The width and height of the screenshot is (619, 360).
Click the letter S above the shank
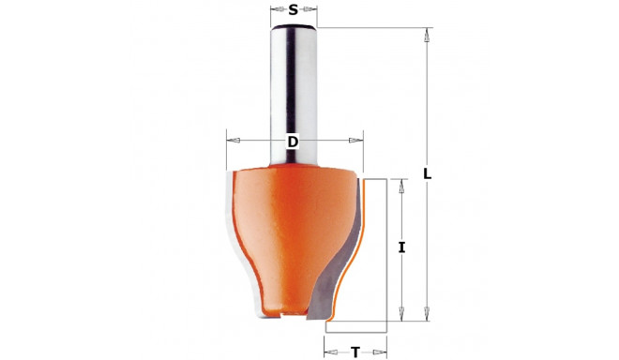[x=294, y=10]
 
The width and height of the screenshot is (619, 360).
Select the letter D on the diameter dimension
[x=292, y=142]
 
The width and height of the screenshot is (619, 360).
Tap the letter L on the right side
[x=428, y=174]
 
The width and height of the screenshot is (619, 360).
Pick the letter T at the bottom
[x=355, y=352]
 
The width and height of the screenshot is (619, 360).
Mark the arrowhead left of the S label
[x=276, y=11]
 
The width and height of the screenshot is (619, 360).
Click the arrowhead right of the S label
[x=311, y=11]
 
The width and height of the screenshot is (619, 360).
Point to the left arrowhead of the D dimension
[x=234, y=141]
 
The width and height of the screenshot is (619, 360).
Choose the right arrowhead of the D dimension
[x=355, y=141]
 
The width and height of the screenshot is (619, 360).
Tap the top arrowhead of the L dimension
[x=428, y=37]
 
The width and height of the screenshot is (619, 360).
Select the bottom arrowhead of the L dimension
[x=428, y=312]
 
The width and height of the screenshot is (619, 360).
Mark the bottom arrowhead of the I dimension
[x=401, y=312]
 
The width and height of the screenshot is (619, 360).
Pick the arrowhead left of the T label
[x=331, y=352]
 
